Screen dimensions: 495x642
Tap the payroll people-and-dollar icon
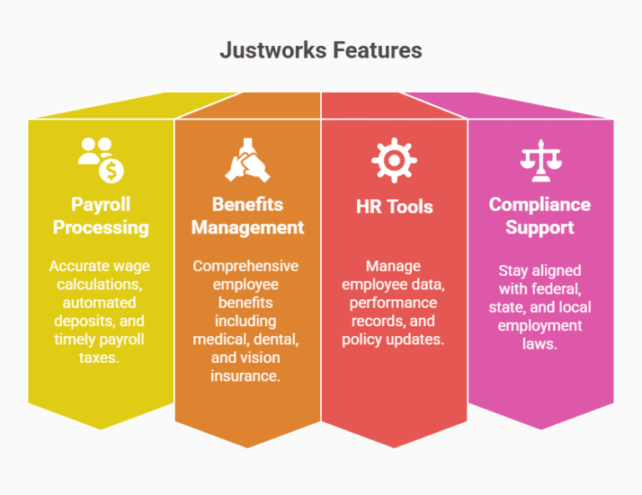[x=100, y=160]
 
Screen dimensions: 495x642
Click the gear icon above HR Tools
[x=394, y=160]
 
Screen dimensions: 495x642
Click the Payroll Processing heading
[x=100, y=216]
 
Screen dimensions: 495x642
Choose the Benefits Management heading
[x=247, y=216]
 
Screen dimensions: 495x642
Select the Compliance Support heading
[x=540, y=216]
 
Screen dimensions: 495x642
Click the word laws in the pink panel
[x=540, y=344]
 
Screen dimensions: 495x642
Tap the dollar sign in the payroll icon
[x=111, y=171]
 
